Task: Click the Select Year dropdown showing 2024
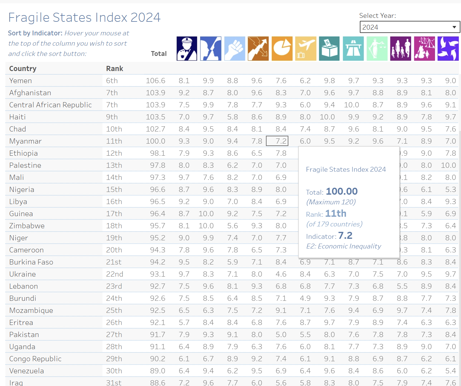click(x=410, y=27)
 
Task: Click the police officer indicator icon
click(x=187, y=49)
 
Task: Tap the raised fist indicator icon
click(x=235, y=49)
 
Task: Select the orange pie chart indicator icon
click(x=282, y=49)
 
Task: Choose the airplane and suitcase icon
click(x=306, y=49)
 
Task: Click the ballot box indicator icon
click(x=329, y=49)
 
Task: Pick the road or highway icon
click(x=353, y=49)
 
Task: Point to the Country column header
click(x=23, y=69)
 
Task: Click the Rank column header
click(x=114, y=69)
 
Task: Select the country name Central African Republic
click(x=50, y=105)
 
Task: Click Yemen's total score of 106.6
click(x=155, y=81)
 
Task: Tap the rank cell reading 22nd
click(x=114, y=274)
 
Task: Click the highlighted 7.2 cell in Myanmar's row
click(x=277, y=141)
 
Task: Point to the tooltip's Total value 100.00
click(x=342, y=191)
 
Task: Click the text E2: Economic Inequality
click(x=343, y=246)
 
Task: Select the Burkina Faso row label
click(x=31, y=262)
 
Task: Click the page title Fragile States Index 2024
click(x=84, y=18)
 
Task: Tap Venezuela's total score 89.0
click(x=158, y=371)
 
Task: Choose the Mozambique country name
click(x=31, y=310)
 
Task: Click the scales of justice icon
click(x=377, y=49)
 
